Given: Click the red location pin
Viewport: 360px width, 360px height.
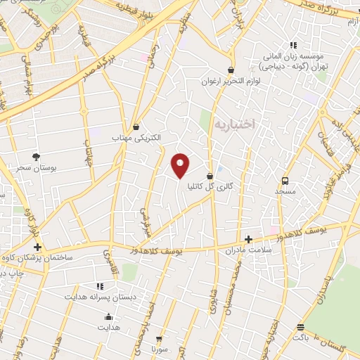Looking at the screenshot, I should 181,165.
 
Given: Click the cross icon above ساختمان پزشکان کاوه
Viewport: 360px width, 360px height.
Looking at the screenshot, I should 37,247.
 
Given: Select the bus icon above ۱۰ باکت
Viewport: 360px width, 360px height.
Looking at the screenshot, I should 302,328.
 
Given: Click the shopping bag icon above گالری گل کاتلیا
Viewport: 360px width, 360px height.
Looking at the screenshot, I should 210,176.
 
